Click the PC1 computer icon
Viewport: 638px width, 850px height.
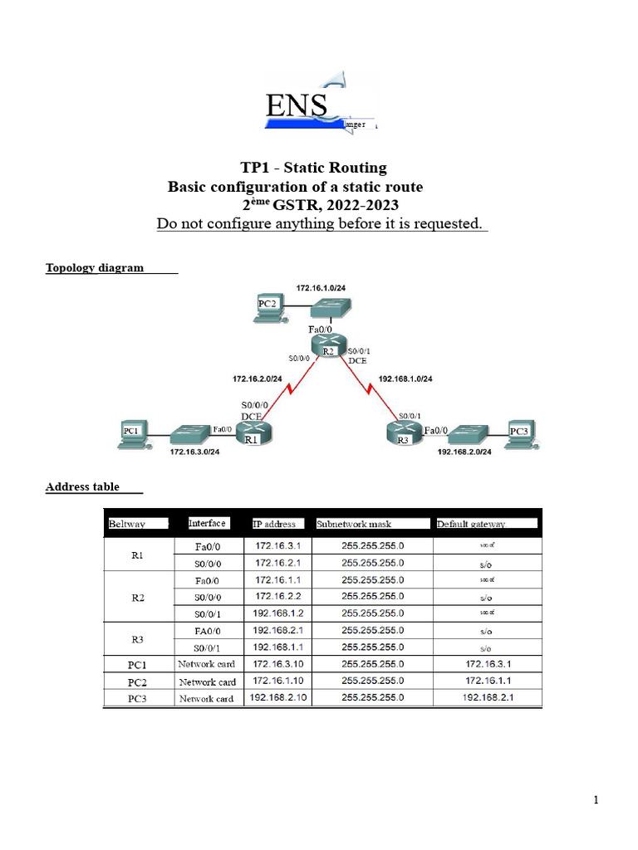[134, 434]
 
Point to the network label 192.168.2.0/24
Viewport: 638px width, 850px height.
[464, 452]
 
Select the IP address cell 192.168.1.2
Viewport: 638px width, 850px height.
[281, 613]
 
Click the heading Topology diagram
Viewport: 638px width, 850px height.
[95, 267]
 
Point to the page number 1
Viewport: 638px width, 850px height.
[596, 800]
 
